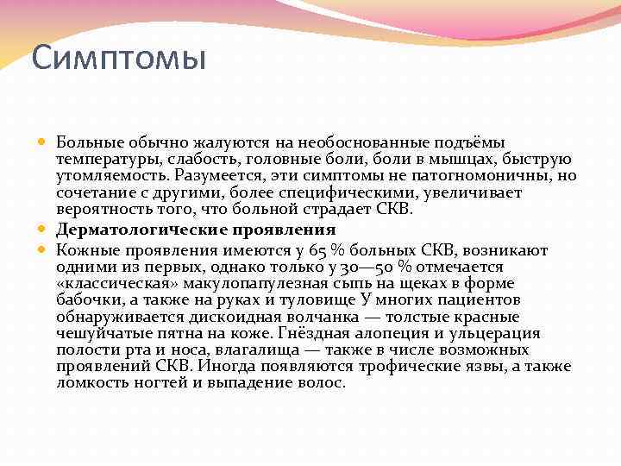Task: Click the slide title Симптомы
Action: (119, 60)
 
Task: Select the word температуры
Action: (106, 158)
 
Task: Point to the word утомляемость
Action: (107, 174)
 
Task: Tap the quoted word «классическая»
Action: (109, 283)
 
